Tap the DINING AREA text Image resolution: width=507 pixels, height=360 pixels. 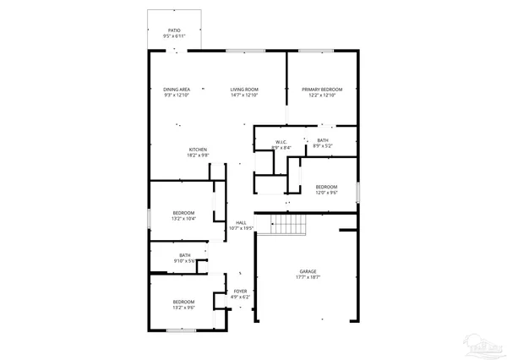(x=177, y=90)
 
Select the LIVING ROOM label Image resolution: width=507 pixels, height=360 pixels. (x=245, y=90)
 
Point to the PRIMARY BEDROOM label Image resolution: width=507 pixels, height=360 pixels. (x=322, y=90)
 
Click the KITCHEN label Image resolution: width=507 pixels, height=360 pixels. (x=198, y=150)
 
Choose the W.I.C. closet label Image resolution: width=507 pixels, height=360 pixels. (x=281, y=142)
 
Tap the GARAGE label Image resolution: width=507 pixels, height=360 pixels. (x=308, y=271)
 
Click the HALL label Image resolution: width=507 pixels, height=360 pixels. (x=242, y=223)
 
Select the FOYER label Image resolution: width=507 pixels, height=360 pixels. (x=241, y=292)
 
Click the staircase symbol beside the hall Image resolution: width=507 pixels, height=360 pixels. (x=287, y=224)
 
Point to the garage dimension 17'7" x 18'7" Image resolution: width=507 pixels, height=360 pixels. (x=308, y=277)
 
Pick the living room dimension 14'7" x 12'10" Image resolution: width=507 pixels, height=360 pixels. (x=245, y=95)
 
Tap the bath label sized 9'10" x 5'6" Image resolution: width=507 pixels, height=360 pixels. (x=184, y=255)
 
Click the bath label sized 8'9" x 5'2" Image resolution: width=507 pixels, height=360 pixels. (x=323, y=140)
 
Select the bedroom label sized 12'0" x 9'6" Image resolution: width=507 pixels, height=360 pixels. (x=326, y=187)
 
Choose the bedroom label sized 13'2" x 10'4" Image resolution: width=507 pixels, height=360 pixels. (x=184, y=212)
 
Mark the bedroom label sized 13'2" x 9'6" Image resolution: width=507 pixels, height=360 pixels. (x=184, y=303)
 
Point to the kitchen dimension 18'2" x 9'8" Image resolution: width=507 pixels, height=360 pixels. (x=198, y=156)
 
